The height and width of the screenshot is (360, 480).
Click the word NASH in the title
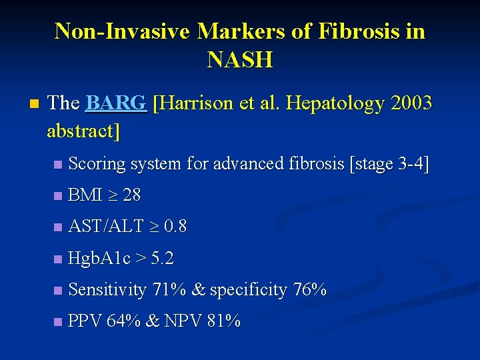click(x=240, y=60)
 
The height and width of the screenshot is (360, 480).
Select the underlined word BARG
click(x=116, y=103)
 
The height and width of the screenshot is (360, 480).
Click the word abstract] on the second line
click(x=83, y=131)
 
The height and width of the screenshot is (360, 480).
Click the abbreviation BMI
click(x=85, y=195)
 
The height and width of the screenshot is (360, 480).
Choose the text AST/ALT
click(x=106, y=227)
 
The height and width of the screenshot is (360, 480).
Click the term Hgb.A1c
click(x=99, y=258)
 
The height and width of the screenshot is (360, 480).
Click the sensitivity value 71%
click(x=169, y=290)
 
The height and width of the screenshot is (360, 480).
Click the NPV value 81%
click(x=223, y=321)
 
